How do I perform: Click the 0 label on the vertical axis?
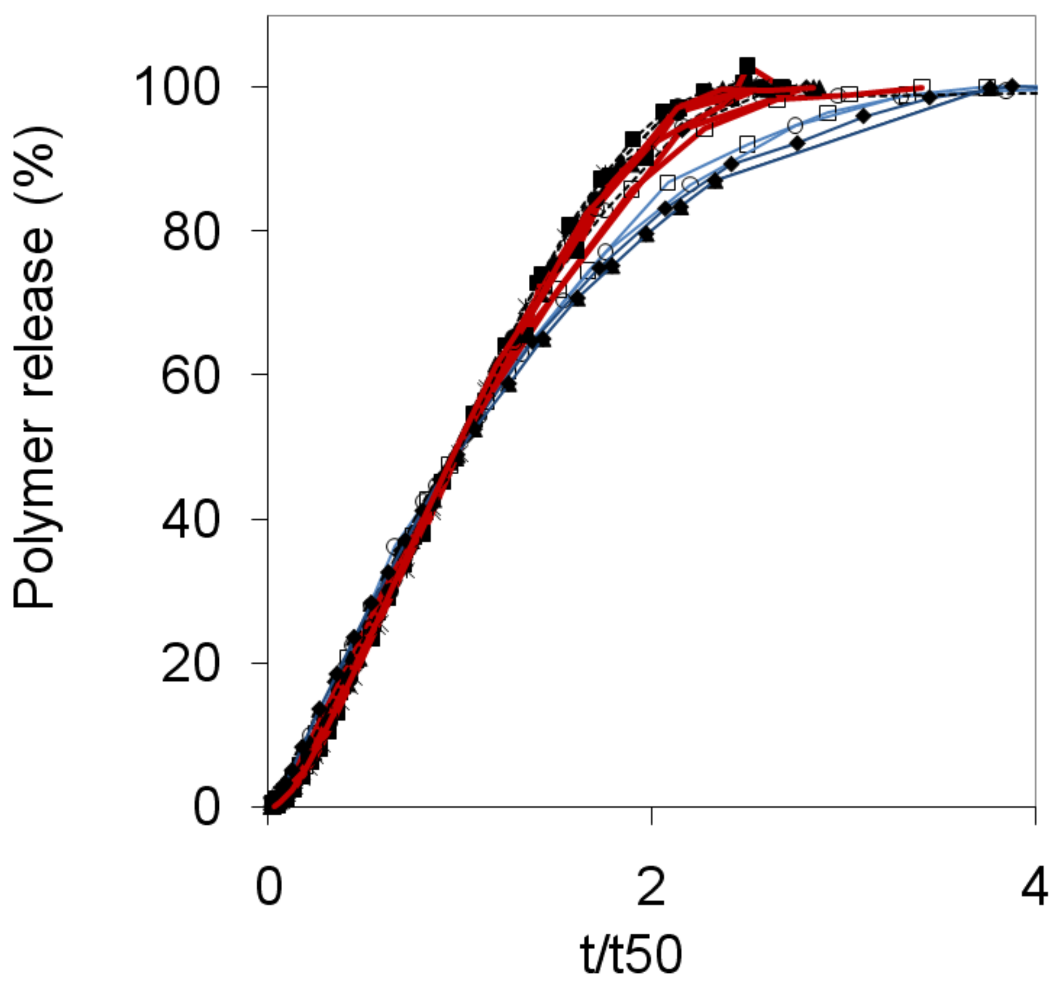point(206,808)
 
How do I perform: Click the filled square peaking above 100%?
point(747,67)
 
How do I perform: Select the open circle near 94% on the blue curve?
point(795,126)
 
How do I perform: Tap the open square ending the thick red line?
point(922,87)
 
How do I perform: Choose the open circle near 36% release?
point(393,545)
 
